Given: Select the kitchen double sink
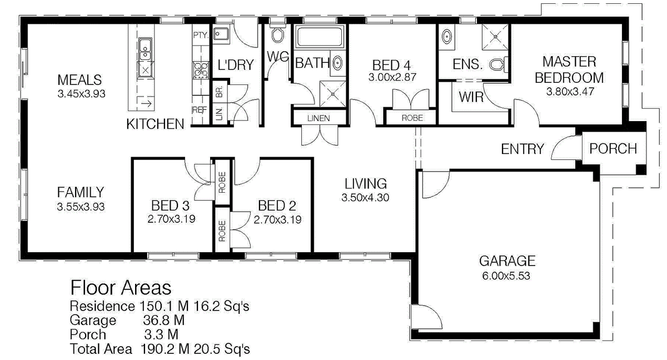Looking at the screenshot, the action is click(x=145, y=49).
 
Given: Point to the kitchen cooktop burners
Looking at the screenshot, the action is click(x=202, y=70).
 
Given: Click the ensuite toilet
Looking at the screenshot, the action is click(x=499, y=64).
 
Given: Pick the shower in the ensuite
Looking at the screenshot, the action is click(x=495, y=37).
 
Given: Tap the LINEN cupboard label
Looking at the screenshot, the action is click(x=318, y=118).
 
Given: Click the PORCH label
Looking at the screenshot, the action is click(x=613, y=148).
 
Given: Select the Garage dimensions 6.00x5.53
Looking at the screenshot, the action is click(x=506, y=276).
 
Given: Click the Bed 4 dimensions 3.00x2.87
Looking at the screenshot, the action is click(x=392, y=77).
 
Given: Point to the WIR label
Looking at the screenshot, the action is click(x=471, y=97).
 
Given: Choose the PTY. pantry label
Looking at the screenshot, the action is click(x=201, y=35).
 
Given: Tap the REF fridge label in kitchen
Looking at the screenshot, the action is click(x=199, y=110).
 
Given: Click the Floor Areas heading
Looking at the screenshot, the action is click(x=121, y=288).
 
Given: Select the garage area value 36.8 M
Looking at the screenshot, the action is click(x=163, y=321).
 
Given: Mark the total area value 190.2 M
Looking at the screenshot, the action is click(x=165, y=349).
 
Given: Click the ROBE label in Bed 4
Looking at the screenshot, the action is click(x=412, y=118).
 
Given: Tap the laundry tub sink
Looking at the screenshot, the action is click(x=221, y=34).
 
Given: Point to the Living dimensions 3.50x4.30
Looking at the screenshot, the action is click(x=365, y=198).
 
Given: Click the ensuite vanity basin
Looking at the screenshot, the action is click(x=446, y=37).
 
